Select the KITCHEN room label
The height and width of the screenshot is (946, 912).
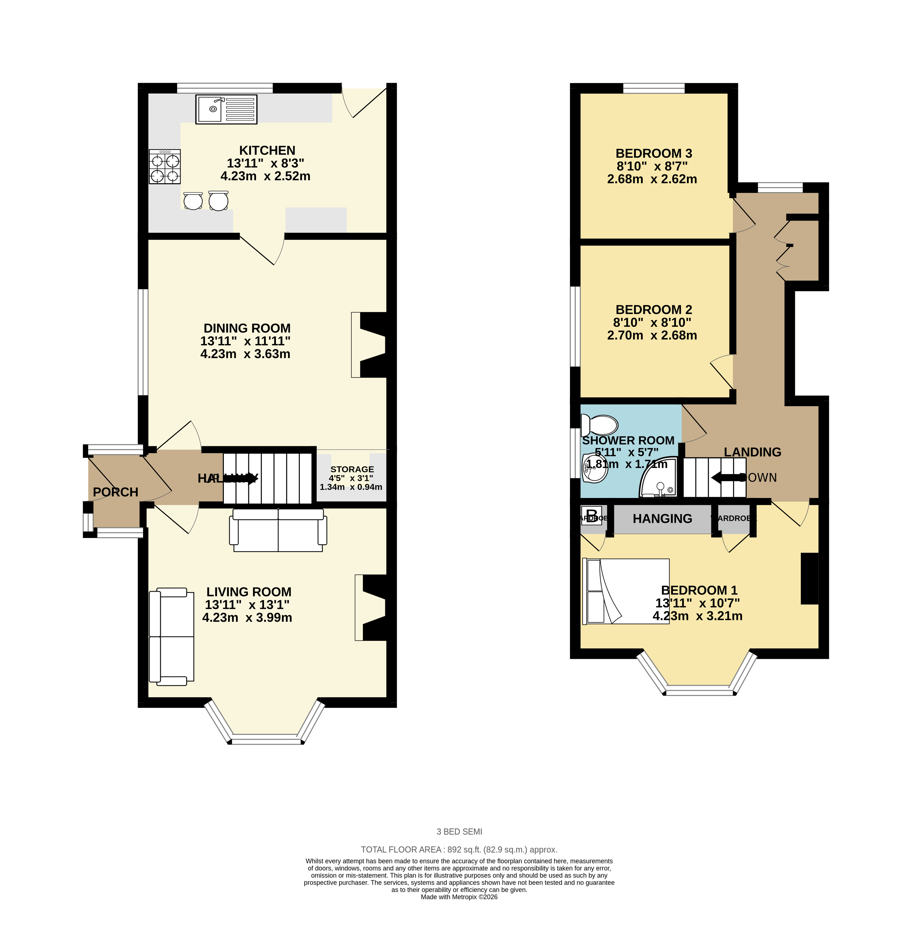point(267,151)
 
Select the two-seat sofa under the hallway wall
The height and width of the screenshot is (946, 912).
point(278,530)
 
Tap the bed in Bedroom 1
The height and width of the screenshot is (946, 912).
point(625,591)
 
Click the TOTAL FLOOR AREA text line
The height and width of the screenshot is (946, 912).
point(459,850)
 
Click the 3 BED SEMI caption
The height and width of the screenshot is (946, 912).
point(459,832)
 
